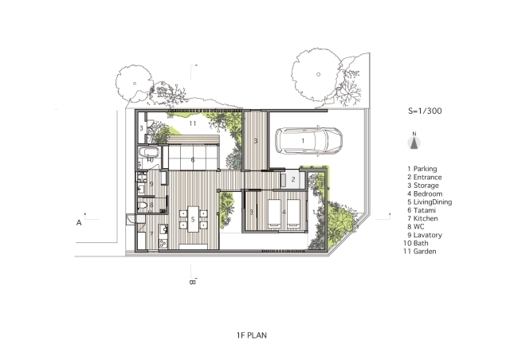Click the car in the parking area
pyautogui.click(x=308, y=141)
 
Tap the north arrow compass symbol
pyautogui.click(x=414, y=143)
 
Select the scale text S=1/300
pyautogui.click(x=425, y=111)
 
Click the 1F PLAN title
pyautogui.click(x=252, y=335)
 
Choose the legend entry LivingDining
pyautogui.click(x=430, y=202)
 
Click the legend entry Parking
pyautogui.click(x=422, y=169)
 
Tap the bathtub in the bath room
pyautogui.click(x=149, y=152)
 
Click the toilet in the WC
pyautogui.click(x=143, y=205)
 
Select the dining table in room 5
pyautogui.click(x=193, y=219)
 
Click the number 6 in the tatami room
pyautogui.click(x=193, y=160)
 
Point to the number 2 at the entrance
pyautogui.click(x=293, y=179)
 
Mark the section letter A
pyautogui.click(x=79, y=223)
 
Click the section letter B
pyautogui.click(x=192, y=282)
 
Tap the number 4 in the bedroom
pyautogui.click(x=284, y=213)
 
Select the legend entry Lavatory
pyautogui.click(x=425, y=235)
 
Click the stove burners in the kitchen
pyautogui.click(x=163, y=243)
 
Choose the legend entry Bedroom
pyautogui.click(x=425, y=194)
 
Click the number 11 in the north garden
pyautogui.click(x=193, y=123)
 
